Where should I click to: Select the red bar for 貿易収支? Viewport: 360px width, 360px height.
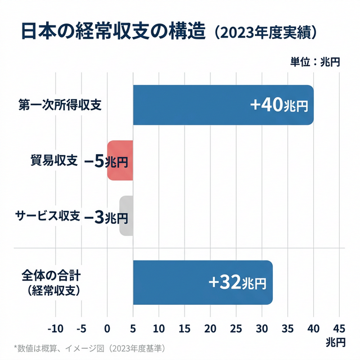click(x=120, y=160)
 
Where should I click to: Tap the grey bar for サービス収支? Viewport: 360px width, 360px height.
click(x=126, y=216)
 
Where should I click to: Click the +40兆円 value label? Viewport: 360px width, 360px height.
click(x=280, y=105)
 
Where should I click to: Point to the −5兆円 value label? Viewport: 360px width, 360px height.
click(x=106, y=161)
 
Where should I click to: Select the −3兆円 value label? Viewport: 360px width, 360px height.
click(x=107, y=217)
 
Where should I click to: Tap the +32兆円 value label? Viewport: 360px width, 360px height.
click(x=237, y=283)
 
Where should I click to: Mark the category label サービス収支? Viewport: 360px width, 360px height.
click(x=47, y=217)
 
